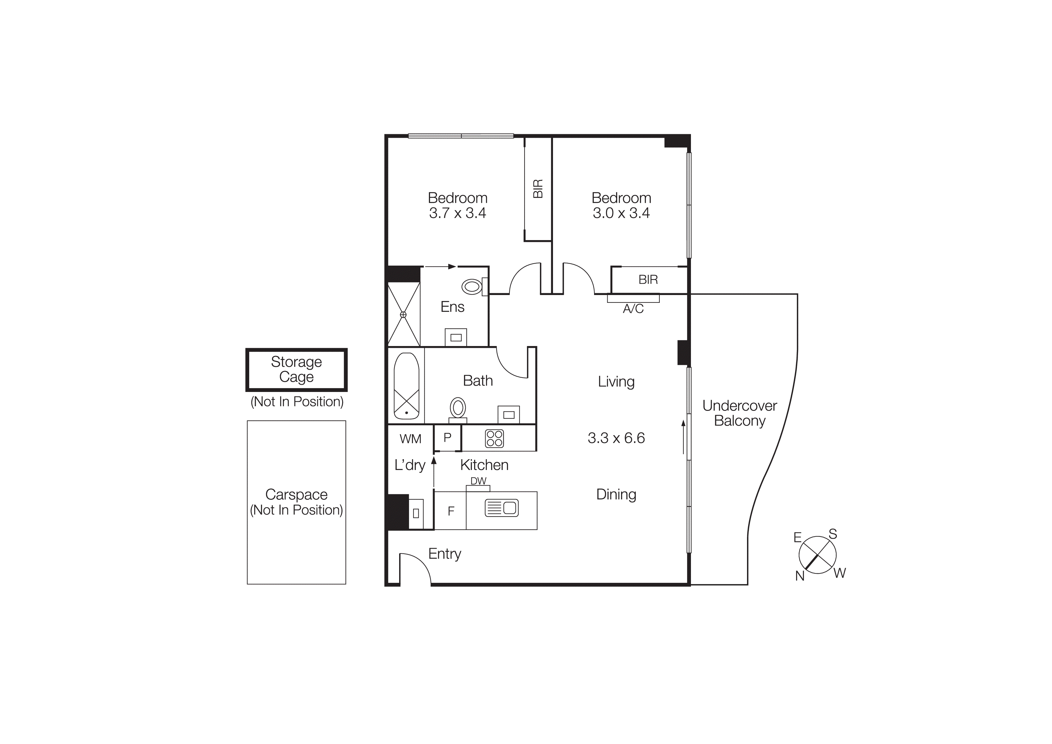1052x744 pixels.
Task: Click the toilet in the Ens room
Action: [472, 287]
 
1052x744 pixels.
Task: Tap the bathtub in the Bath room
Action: [406, 386]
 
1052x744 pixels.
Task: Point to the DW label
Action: [478, 481]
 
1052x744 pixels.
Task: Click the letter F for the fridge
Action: [451, 511]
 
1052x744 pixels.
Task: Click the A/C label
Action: [633, 309]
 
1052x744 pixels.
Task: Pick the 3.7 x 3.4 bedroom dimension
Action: [457, 213]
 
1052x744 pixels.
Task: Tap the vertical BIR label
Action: [538, 188]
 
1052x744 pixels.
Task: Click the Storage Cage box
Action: [297, 369]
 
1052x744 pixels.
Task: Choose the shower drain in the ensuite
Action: [403, 315]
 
